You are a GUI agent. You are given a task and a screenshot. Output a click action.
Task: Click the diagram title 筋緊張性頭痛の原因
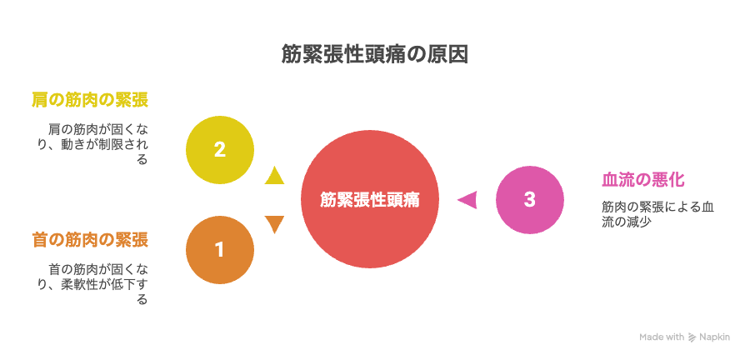[374, 54]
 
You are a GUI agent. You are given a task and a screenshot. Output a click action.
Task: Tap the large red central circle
[370, 199]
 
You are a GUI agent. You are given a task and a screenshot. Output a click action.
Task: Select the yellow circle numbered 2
[219, 150]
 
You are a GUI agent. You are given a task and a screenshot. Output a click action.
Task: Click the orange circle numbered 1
[219, 249]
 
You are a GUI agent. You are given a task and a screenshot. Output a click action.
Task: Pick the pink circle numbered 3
[529, 199]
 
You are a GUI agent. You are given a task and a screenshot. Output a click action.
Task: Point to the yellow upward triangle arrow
[274, 176]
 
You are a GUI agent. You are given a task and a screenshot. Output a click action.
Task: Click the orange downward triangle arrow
[274, 224]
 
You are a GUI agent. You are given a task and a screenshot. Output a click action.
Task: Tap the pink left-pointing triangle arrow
[467, 199]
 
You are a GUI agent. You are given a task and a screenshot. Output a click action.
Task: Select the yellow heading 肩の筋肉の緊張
[90, 100]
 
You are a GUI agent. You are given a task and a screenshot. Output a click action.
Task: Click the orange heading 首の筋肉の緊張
[90, 239]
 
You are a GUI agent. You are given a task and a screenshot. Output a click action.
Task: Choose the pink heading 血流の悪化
[642, 181]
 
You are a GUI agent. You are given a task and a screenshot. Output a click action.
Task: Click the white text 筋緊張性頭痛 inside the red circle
[370, 199]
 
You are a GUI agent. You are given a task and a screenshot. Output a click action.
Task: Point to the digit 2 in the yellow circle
[219, 150]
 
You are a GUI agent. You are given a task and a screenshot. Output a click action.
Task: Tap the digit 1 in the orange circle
[219, 249]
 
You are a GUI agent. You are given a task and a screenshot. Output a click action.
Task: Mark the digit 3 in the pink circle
[529, 199]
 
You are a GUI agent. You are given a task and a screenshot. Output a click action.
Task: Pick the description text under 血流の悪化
[658, 215]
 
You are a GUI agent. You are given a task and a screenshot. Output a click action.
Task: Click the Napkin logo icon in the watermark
[692, 337]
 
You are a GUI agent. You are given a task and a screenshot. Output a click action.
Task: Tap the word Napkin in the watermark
[715, 337]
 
